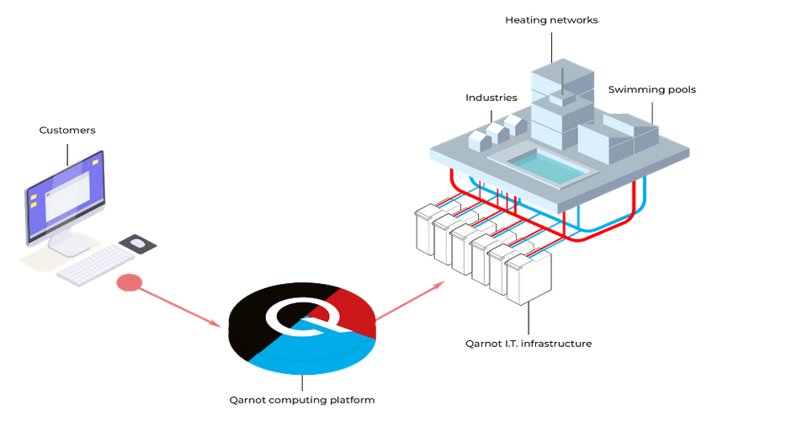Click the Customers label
pos(67,131)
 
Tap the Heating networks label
pos(551,20)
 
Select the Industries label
pos(491,98)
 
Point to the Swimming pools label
pos(651,90)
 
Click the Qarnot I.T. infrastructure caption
pos(528,344)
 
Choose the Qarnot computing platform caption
pos(302,400)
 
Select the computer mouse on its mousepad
pos(137,243)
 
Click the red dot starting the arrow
pos(127,283)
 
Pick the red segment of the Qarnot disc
pos(345,312)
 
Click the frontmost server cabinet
pos(528,278)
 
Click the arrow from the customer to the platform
pos(181,307)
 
